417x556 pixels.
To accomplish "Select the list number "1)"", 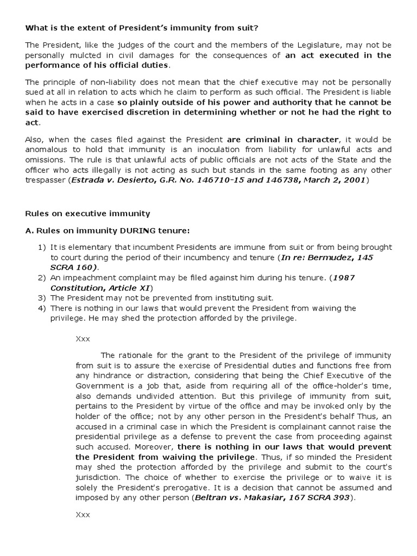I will (x=42, y=248).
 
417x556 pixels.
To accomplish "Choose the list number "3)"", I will (x=42, y=298).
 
